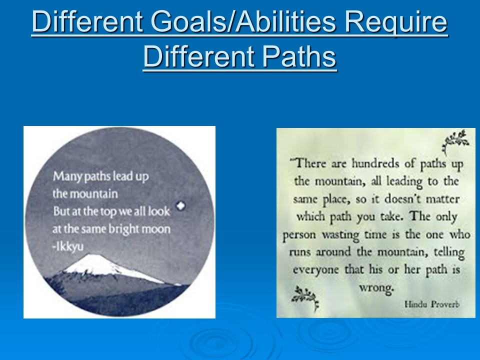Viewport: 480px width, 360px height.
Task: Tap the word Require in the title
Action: [396, 22]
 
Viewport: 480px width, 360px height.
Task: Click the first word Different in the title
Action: [87, 21]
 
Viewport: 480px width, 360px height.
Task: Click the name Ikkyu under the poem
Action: [70, 246]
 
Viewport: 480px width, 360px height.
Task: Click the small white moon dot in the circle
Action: [180, 205]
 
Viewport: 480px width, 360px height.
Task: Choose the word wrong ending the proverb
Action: [376, 288]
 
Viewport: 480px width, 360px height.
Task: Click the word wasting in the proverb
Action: [340, 235]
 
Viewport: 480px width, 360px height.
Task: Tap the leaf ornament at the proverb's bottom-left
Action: [305, 297]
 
